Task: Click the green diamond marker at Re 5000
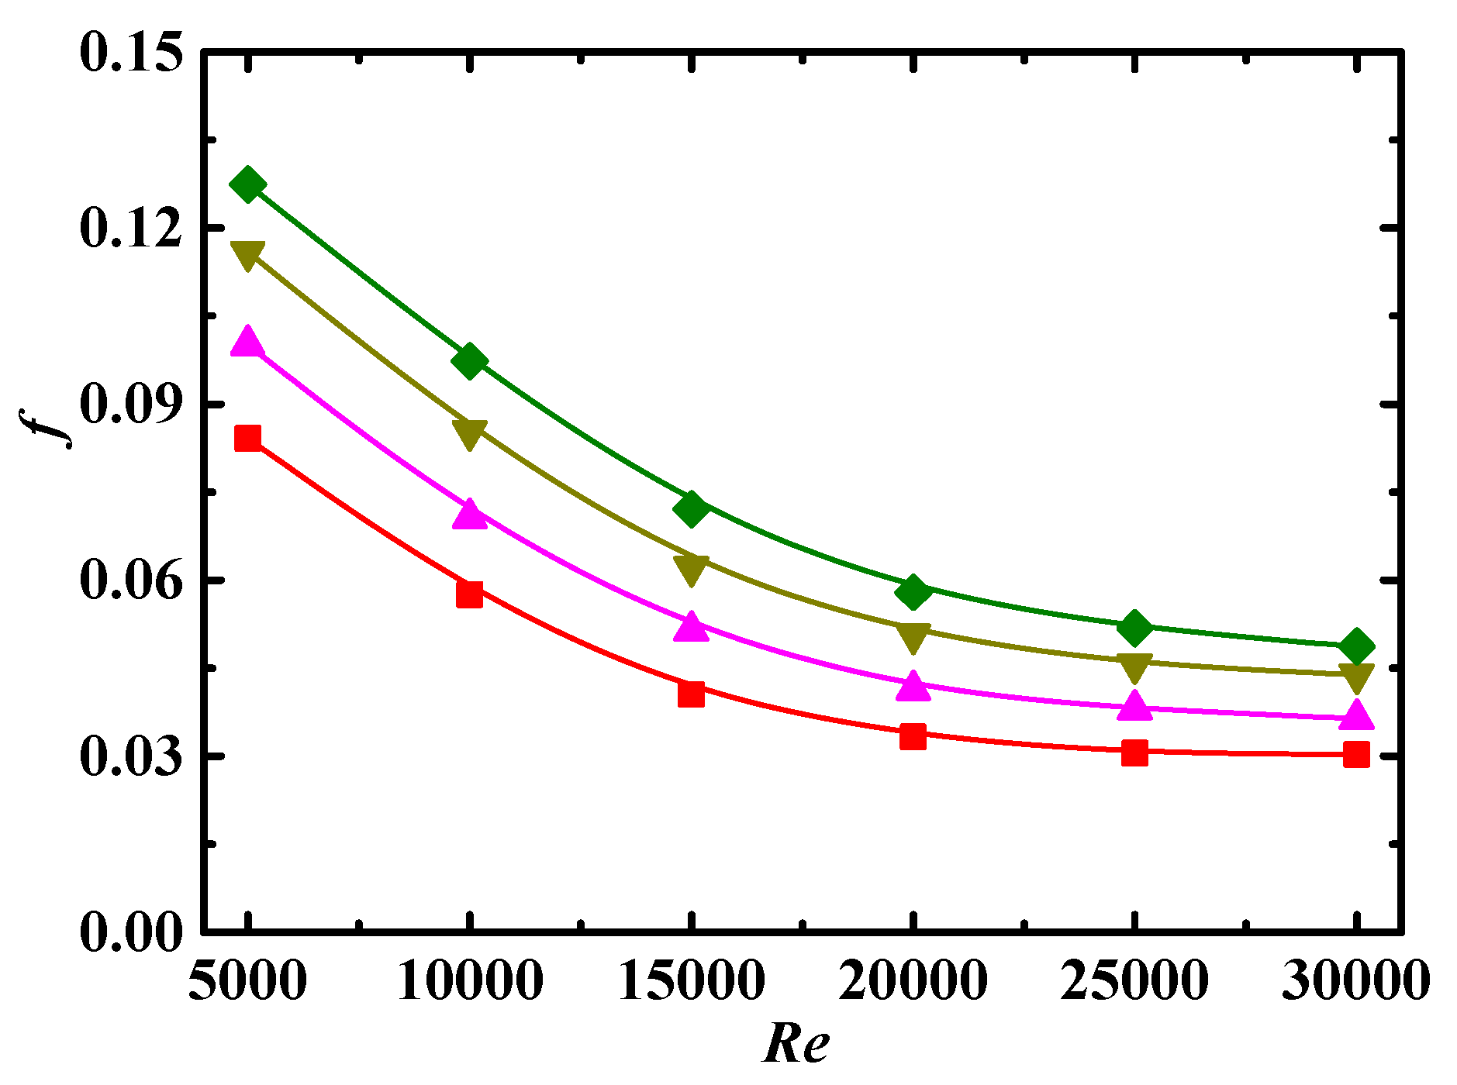[x=248, y=184]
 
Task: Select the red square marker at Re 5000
[x=248, y=438]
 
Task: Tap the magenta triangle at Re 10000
[x=470, y=514]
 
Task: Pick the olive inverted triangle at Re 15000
[x=691, y=569]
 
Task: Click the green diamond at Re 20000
[x=913, y=593]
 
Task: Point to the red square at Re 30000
[x=1356, y=753]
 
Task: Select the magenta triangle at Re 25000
[x=1134, y=705]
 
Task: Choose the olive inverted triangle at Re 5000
[x=248, y=255]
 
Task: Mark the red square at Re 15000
[x=691, y=694]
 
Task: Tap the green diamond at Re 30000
[x=1356, y=646]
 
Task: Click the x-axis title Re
[x=796, y=1043]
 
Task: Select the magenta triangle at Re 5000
[x=248, y=341]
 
